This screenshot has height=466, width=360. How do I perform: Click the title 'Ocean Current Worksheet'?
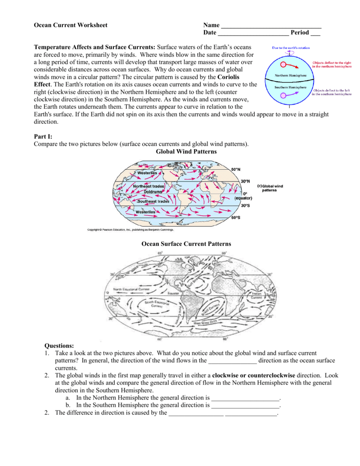pos(71,25)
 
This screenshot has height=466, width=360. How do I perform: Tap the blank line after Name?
pos(271,26)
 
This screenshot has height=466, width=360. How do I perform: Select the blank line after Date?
pos(253,33)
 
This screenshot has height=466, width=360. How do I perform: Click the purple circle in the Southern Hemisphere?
pos(283,96)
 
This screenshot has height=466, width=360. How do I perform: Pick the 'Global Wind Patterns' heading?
pos(186,152)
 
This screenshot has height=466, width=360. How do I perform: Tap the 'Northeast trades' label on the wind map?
pos(148,187)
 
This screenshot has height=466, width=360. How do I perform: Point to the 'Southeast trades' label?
pos(153,201)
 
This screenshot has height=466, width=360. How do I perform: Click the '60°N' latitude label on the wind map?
pos(235,170)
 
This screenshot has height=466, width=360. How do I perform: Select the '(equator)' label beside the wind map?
pos(243,198)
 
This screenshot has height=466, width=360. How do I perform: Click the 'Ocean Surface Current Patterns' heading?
pos(186,244)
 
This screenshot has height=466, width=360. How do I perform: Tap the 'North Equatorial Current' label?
pos(131,289)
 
